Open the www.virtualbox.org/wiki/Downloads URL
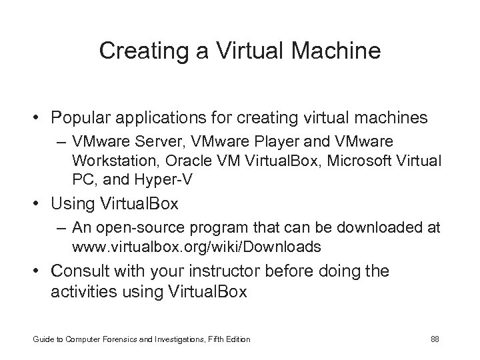[x=196, y=247]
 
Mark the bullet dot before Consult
[x=40, y=271]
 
